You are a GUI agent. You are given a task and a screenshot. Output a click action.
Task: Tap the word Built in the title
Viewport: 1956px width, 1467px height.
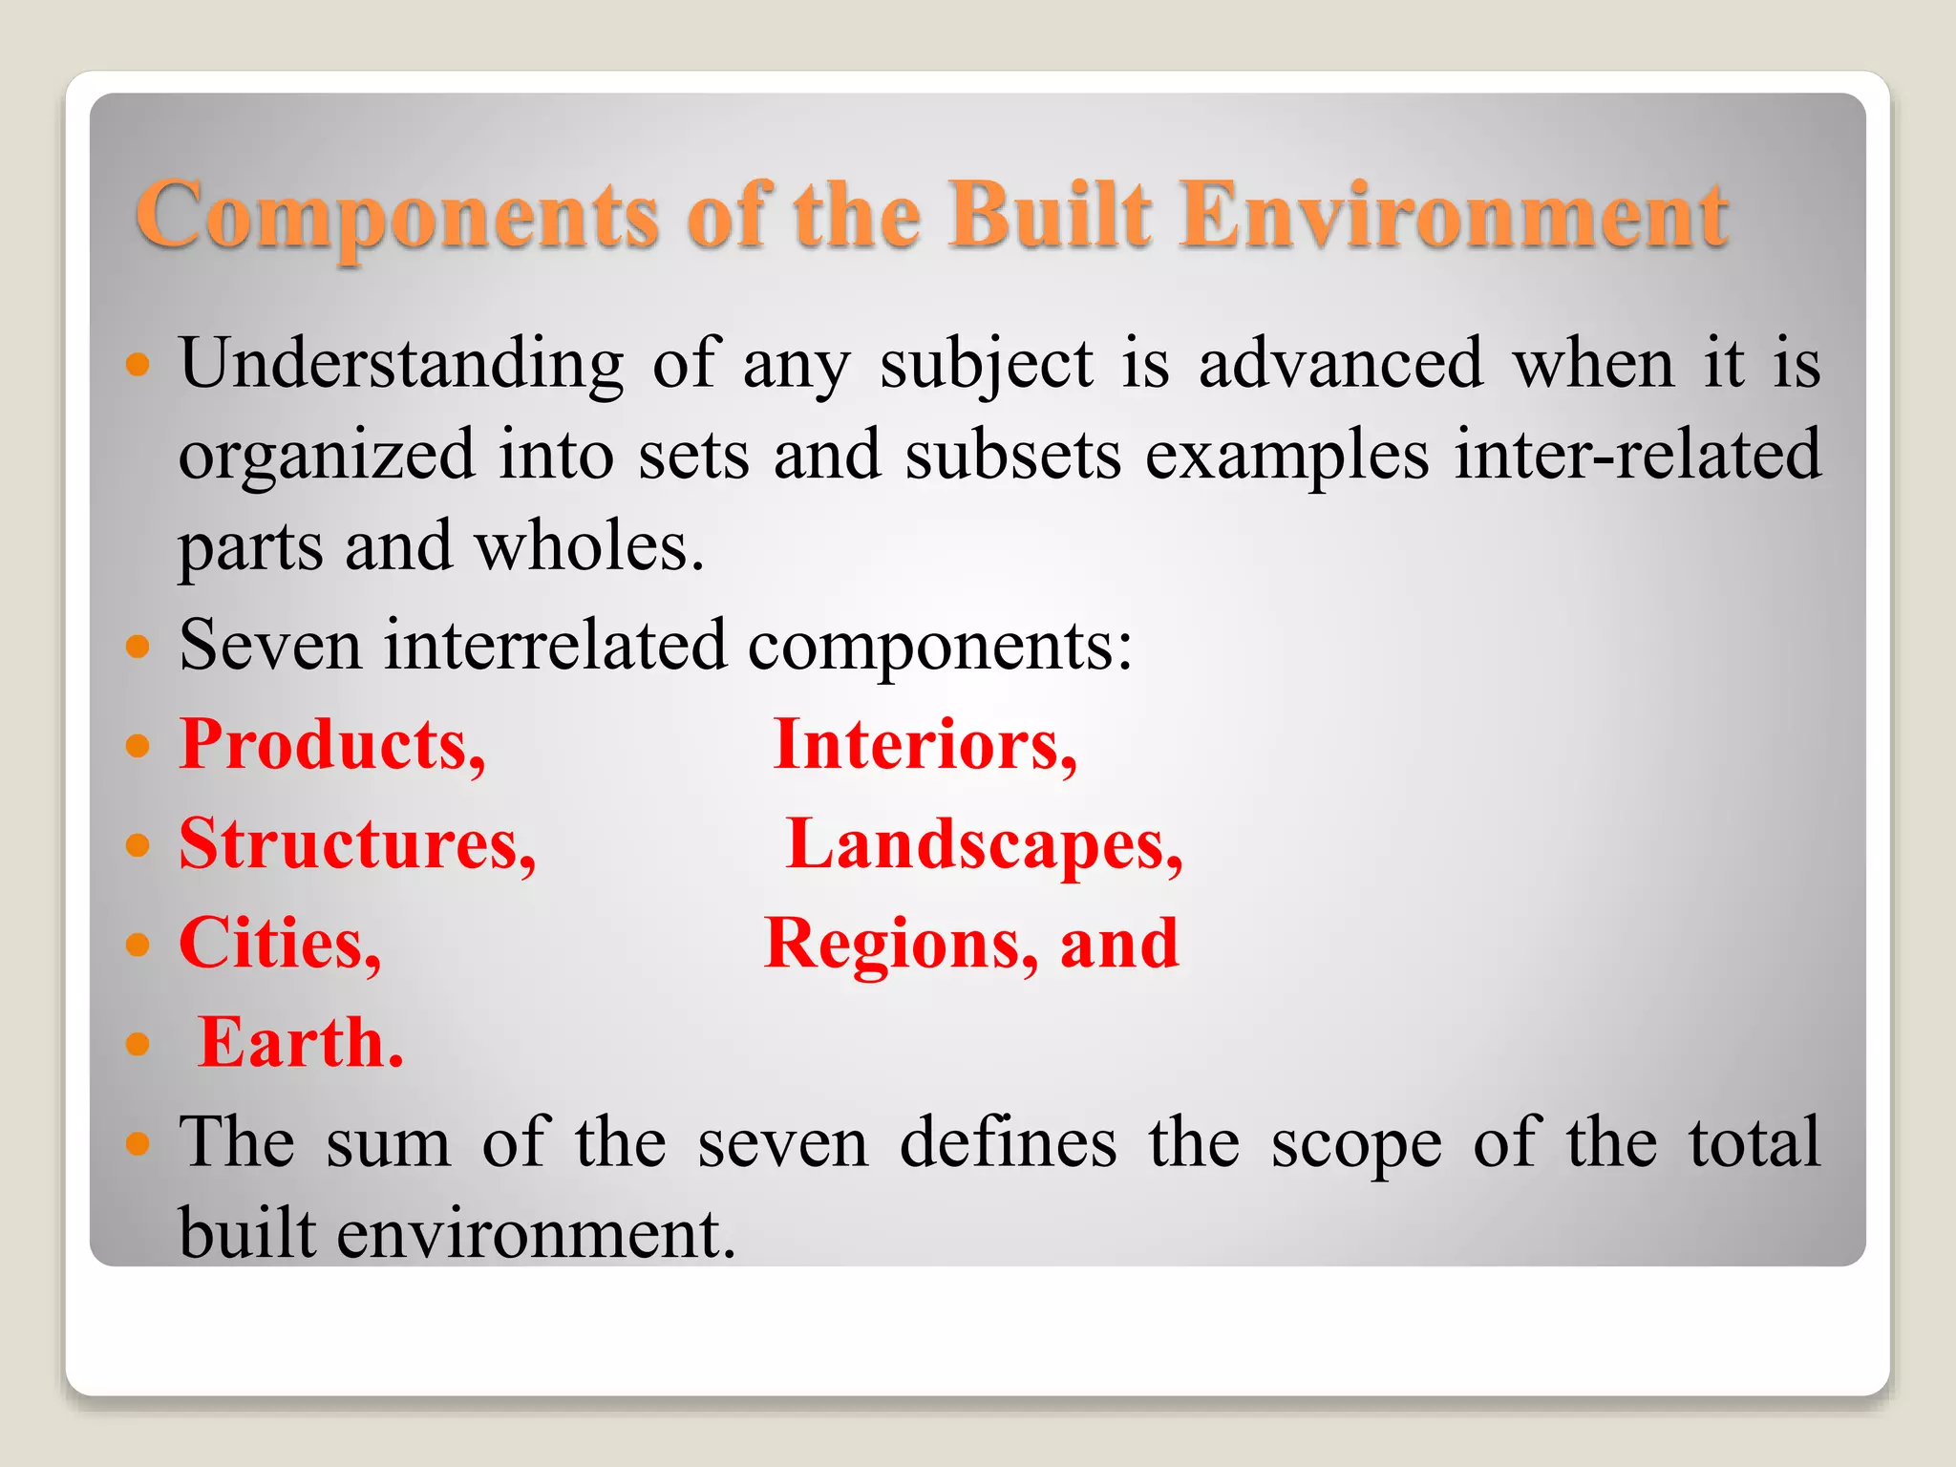[1050, 215]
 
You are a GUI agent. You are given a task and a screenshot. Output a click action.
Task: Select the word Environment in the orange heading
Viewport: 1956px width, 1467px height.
[1453, 215]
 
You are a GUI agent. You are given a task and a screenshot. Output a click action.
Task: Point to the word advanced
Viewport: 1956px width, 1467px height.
[1341, 365]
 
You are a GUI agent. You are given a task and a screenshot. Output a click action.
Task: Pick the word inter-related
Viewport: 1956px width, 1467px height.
[1637, 455]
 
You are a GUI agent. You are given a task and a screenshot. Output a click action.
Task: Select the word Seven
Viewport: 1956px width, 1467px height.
[270, 645]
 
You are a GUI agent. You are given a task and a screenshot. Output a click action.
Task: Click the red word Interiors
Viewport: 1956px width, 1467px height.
[925, 745]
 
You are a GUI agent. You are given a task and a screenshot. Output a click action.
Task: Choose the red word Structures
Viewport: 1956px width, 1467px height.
[357, 844]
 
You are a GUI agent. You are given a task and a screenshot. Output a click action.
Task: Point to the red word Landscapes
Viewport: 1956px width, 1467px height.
[984, 844]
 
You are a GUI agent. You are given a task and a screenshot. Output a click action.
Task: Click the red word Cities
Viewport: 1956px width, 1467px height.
[280, 944]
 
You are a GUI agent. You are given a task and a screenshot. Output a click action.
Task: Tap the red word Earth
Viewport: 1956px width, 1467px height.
[301, 1043]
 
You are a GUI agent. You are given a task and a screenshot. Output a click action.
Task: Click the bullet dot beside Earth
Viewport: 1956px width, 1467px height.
[138, 1044]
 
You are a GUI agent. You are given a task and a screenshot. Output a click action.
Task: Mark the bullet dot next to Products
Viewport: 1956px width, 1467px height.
[138, 745]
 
